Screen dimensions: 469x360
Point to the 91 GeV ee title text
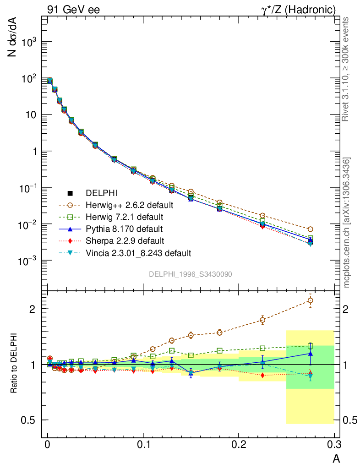click(73, 9)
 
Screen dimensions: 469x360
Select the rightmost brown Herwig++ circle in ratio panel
click(310, 300)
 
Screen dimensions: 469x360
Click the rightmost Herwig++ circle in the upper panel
click(310, 229)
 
